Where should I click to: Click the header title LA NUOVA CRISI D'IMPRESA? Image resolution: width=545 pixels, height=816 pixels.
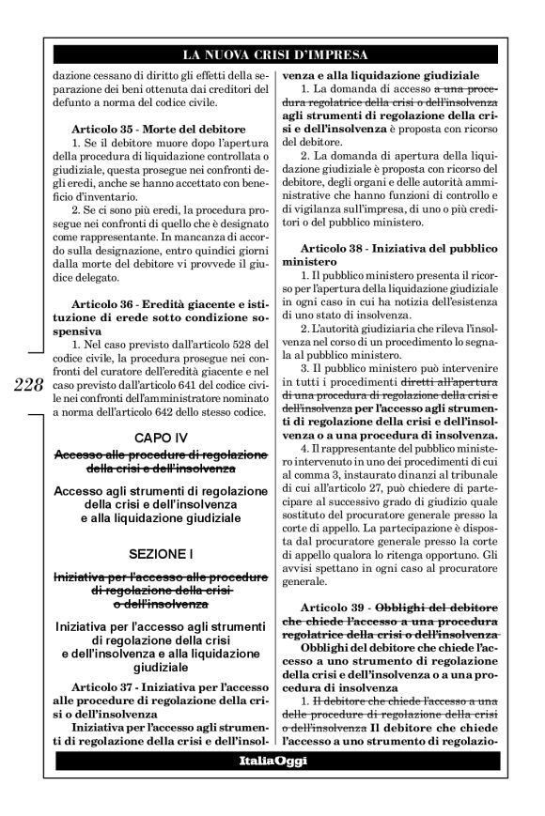pyautogui.click(x=273, y=54)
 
